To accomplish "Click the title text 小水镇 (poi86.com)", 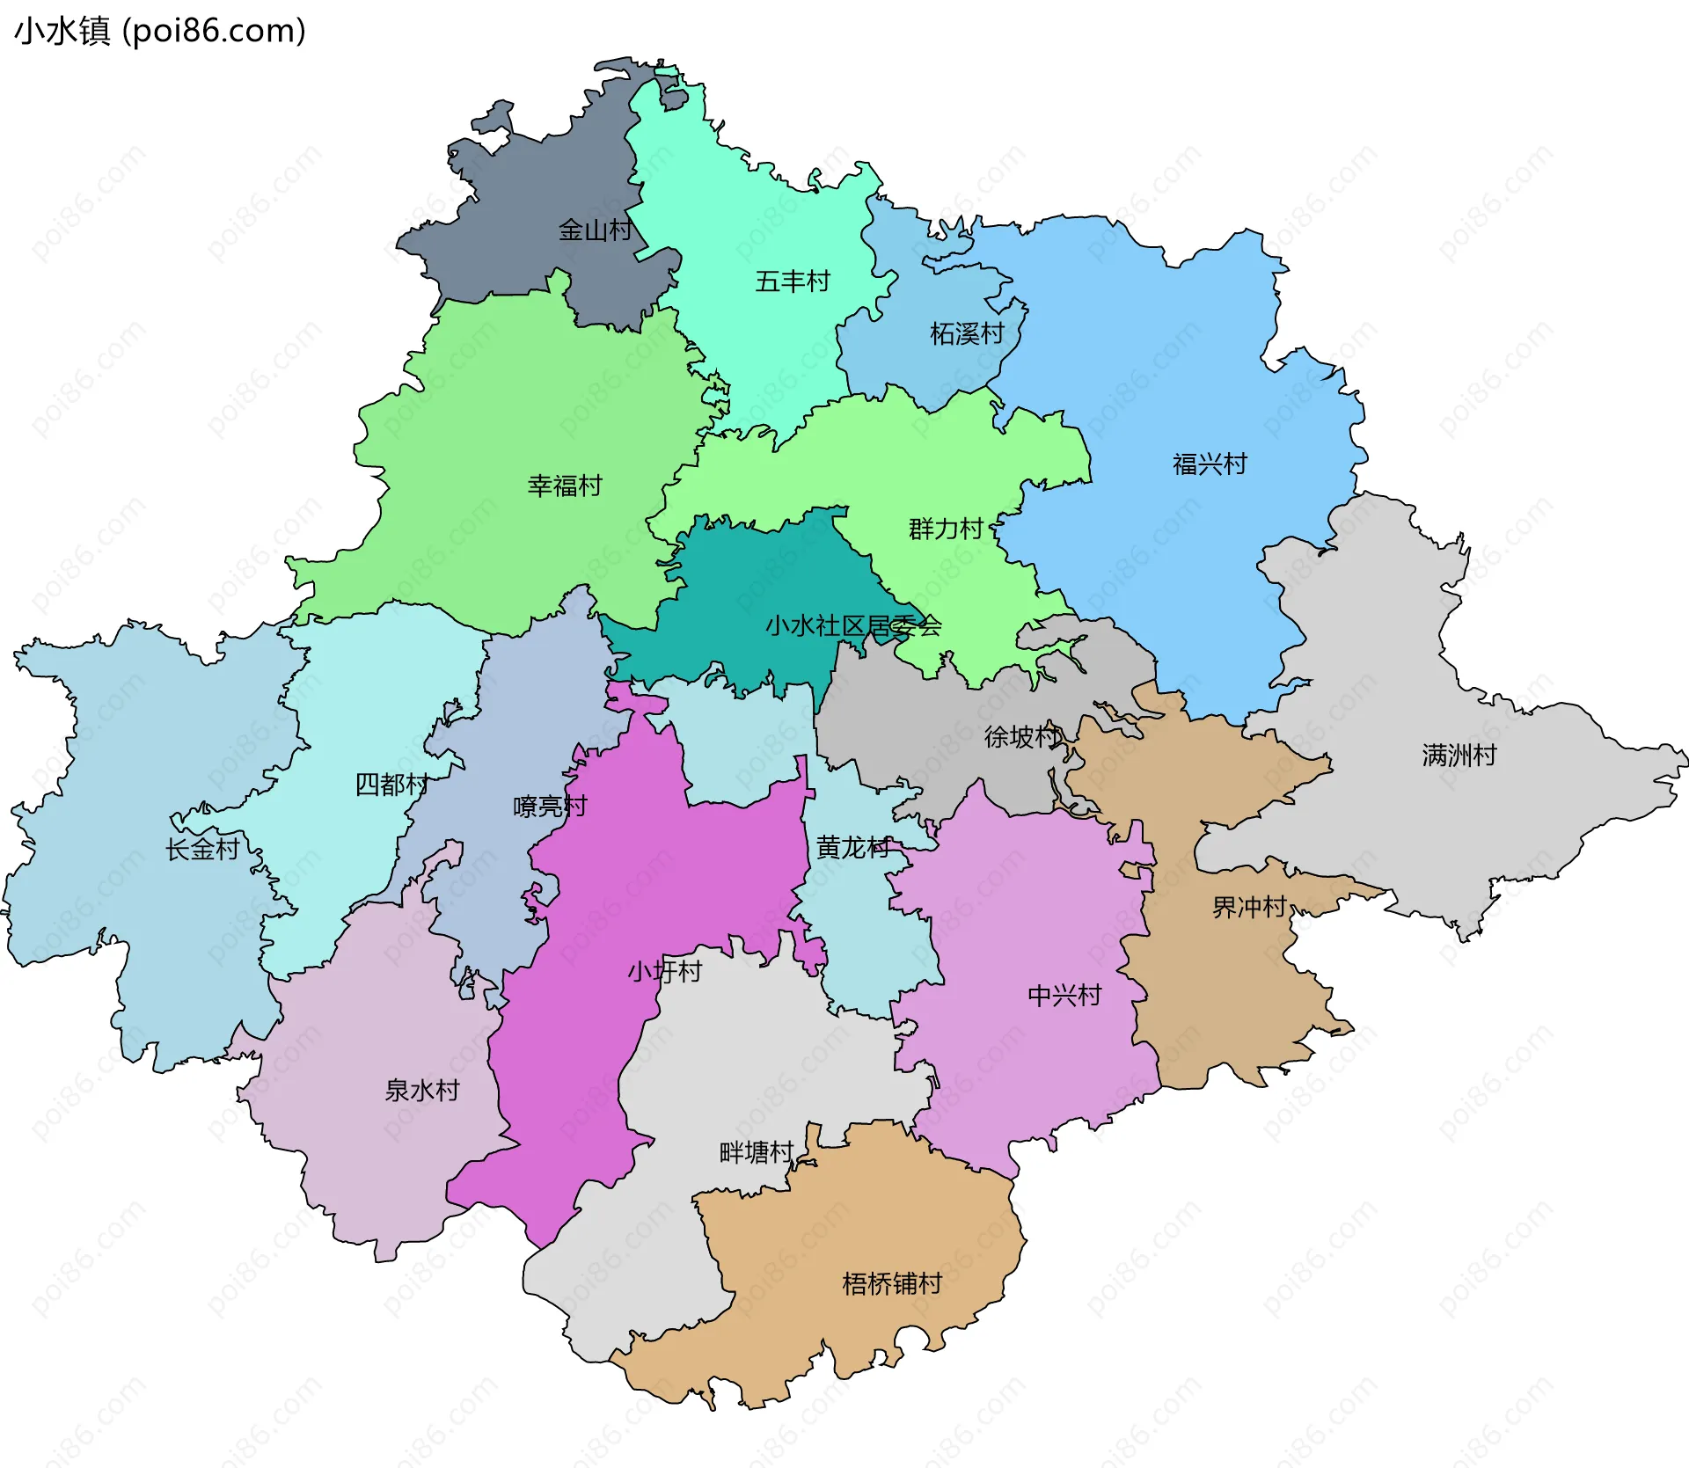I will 160,31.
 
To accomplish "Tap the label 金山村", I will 596,230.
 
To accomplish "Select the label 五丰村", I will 793,281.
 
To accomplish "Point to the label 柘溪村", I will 967,333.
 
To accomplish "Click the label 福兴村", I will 1210,464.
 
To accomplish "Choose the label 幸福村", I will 565,486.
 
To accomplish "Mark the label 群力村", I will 946,529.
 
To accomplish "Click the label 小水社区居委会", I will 853,625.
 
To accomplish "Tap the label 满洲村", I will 1459,755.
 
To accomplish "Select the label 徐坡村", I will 1021,736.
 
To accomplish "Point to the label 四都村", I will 391,784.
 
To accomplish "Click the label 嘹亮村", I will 550,806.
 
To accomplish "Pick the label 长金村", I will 202,849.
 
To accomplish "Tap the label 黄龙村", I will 853,847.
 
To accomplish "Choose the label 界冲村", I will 1249,907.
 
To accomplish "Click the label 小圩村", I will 664,971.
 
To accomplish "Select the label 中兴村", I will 1064,996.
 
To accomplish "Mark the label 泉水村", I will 422,1090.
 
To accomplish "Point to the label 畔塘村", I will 757,1152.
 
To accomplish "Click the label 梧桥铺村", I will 892,1283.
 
